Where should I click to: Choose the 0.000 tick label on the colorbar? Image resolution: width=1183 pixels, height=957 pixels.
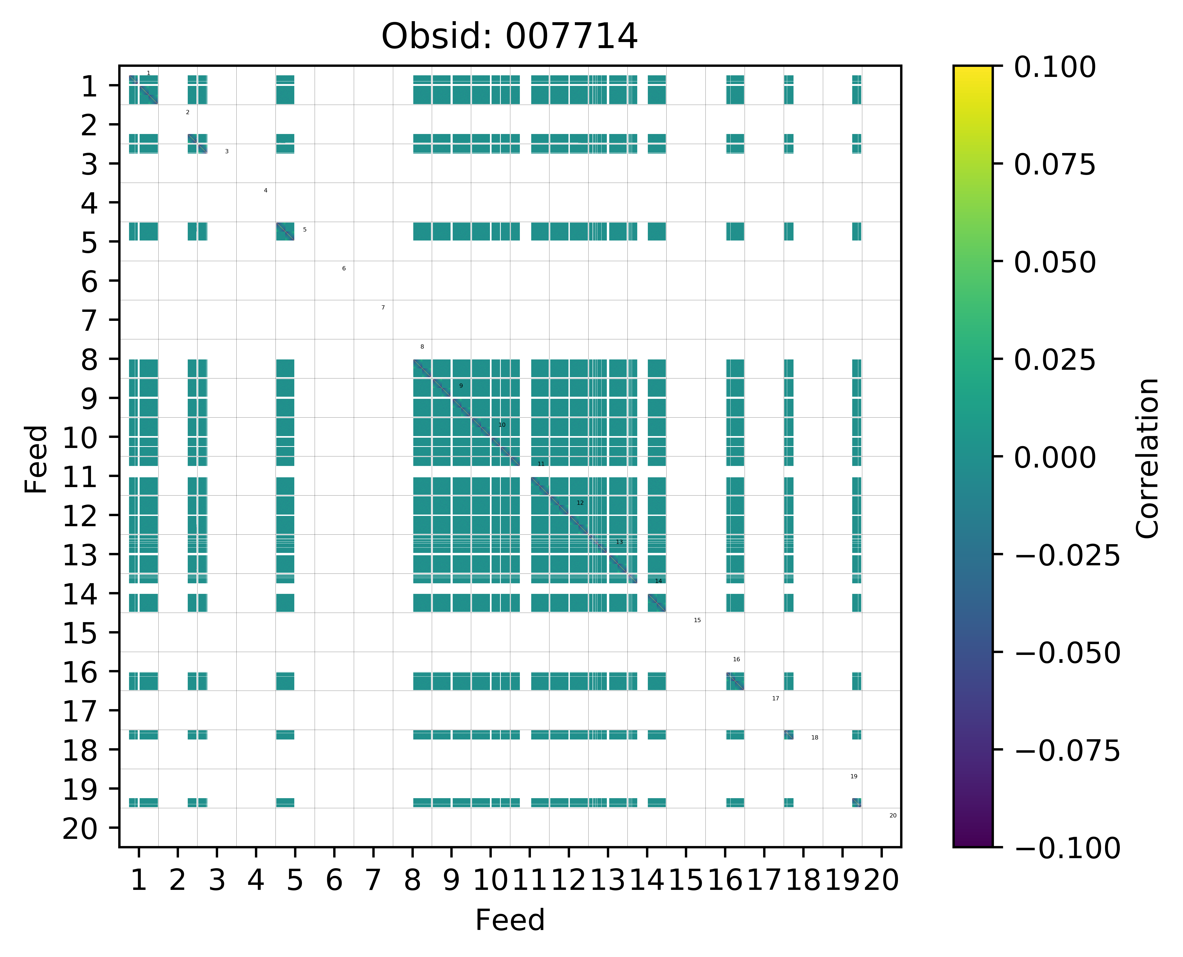point(1054,457)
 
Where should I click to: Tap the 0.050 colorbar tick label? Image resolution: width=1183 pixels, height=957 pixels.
point(1054,262)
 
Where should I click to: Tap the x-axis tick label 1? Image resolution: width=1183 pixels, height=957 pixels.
point(139,880)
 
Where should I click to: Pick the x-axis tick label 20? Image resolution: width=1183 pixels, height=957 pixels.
point(881,880)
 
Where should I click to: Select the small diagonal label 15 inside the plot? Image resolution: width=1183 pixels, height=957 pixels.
point(697,620)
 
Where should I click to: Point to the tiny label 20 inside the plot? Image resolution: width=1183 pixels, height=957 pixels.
point(893,815)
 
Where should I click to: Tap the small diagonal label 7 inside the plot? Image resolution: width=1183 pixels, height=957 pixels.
point(383,308)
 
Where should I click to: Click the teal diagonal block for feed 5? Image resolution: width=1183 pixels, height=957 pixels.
point(285,232)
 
